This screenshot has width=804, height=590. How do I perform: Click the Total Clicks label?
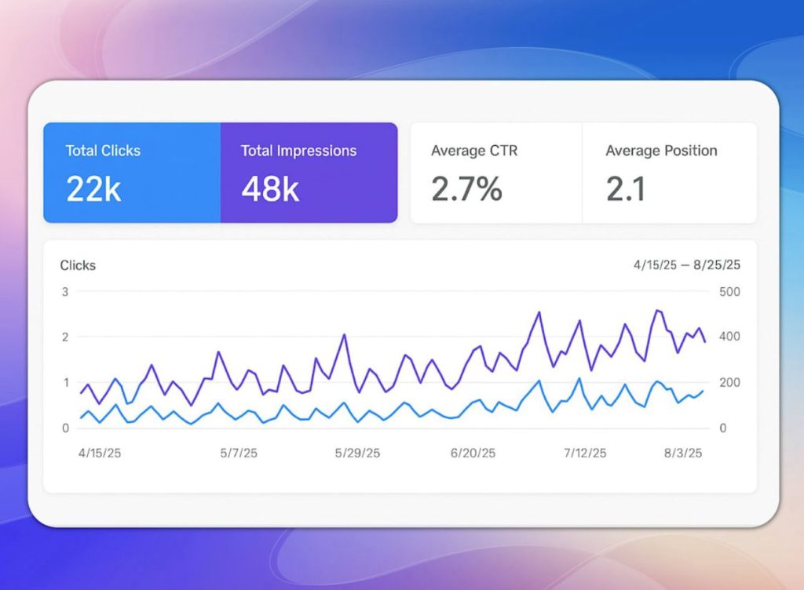coord(103,151)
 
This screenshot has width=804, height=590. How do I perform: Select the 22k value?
coord(93,189)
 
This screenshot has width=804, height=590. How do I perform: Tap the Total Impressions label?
coord(298,151)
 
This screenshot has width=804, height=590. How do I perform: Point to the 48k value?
coord(270,189)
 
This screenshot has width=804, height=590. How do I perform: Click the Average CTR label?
coord(474,151)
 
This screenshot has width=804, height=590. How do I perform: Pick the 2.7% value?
coord(466,189)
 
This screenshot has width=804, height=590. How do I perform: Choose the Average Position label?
coord(661,151)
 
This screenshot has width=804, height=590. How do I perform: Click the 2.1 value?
coord(626,189)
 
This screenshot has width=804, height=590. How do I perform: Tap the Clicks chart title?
coord(78,265)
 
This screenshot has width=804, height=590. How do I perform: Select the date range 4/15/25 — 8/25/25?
coord(686,265)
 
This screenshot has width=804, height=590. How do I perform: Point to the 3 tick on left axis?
coord(65,292)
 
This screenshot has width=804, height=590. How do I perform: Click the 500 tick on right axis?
coord(729,292)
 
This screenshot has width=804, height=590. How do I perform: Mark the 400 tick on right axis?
coord(729,337)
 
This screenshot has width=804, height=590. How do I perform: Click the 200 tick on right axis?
coord(729,383)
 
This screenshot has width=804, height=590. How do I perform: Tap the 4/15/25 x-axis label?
coord(100,453)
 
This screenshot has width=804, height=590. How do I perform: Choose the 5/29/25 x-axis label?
coord(357,453)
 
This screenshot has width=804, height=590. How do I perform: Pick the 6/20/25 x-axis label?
coord(473,453)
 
